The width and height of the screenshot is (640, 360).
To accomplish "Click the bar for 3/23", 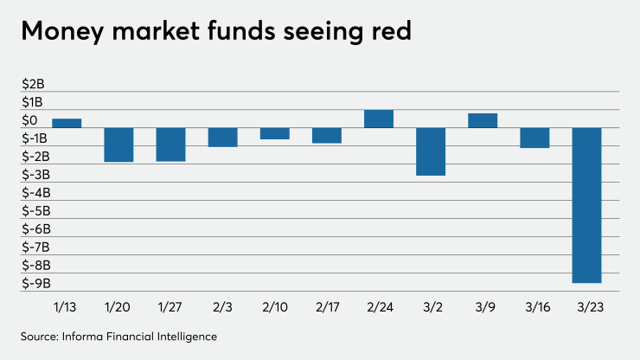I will coord(586,205).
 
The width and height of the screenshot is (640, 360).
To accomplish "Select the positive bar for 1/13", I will coord(67,123).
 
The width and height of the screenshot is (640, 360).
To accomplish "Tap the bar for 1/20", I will coord(118,145).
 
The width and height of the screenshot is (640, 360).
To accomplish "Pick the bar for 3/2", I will coord(431,151).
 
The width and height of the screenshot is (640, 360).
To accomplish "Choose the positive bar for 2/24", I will coord(379,119).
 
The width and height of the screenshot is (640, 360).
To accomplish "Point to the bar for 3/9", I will coord(483,120).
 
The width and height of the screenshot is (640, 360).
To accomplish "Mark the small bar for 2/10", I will coord(275,133).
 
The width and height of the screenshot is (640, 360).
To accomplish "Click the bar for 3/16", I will coord(534,138).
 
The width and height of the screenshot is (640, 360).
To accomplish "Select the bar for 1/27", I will coord(170,145).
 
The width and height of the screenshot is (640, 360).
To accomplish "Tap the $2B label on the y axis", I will coord(34,84).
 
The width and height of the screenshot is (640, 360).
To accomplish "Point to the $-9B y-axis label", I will coord(37,284).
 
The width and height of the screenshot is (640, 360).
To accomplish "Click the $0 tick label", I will coord(30,120).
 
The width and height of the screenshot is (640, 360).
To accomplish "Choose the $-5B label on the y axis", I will coord(37,211).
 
